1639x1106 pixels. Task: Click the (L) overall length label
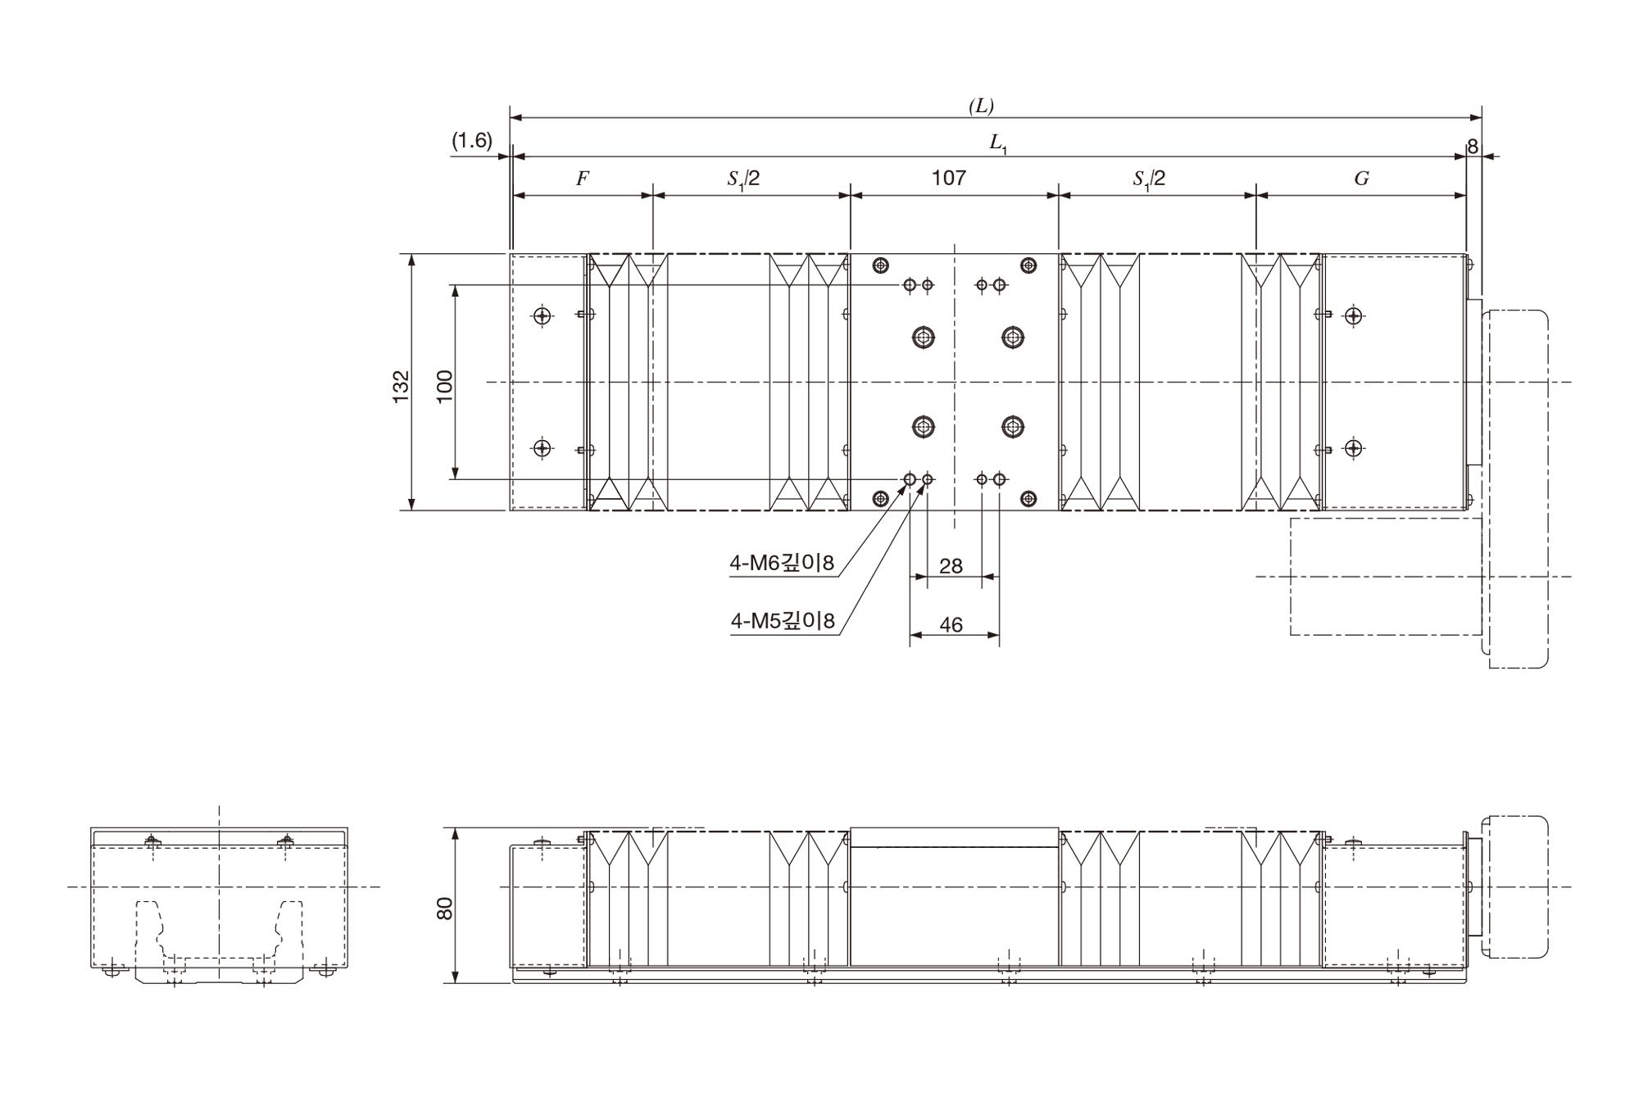pyautogui.click(x=981, y=106)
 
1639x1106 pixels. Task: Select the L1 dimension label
pyautogui.click(x=997, y=143)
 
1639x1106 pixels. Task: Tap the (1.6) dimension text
pyautogui.click(x=472, y=141)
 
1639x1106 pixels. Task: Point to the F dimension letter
pyautogui.click(x=583, y=179)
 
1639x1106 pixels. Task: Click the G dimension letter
pyautogui.click(x=1361, y=179)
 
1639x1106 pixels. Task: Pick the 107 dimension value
pyautogui.click(x=949, y=178)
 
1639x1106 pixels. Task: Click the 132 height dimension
pyautogui.click(x=401, y=386)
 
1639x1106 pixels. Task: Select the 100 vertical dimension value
pyautogui.click(x=444, y=386)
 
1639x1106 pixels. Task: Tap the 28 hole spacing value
pyautogui.click(x=951, y=566)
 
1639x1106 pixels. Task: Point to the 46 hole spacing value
pyautogui.click(x=951, y=625)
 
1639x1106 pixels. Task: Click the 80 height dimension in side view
pyautogui.click(x=444, y=908)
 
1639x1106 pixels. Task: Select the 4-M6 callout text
pyautogui.click(x=782, y=563)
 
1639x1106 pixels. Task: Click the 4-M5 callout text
pyautogui.click(x=783, y=622)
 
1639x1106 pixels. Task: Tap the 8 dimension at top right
pyautogui.click(x=1473, y=147)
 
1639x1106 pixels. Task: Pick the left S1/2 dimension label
pyautogui.click(x=743, y=179)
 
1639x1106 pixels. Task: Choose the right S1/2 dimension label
pyautogui.click(x=1149, y=179)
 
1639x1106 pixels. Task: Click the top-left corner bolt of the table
pyautogui.click(x=881, y=265)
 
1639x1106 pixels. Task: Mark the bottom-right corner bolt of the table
pyautogui.click(x=1028, y=498)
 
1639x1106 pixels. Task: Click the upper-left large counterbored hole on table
pyautogui.click(x=924, y=337)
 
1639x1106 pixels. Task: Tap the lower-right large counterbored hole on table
pyautogui.click(x=1013, y=426)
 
